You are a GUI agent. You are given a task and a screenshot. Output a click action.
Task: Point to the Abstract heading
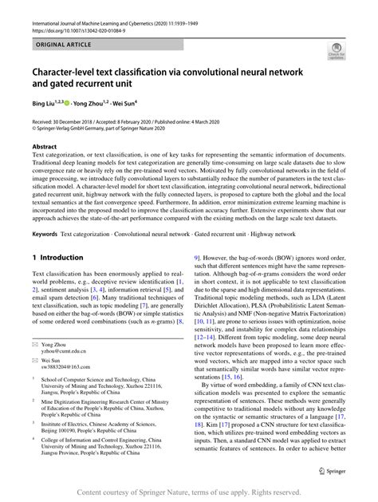[45, 148]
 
